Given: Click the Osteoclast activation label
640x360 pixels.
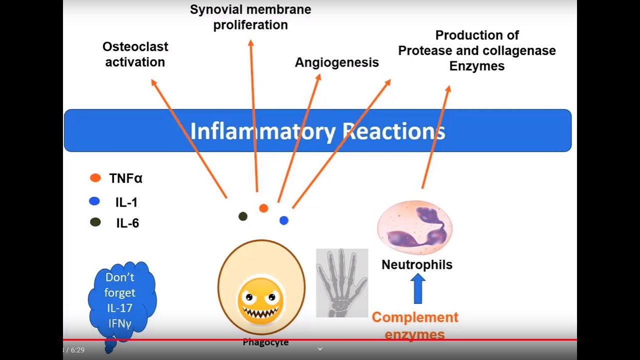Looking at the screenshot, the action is (135, 54).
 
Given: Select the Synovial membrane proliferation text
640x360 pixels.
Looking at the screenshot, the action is (250, 17).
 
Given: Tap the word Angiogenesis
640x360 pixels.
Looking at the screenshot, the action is (336, 62).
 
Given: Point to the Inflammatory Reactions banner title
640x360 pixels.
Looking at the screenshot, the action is (317, 131).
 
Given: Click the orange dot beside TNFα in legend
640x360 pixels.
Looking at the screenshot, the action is (95, 178).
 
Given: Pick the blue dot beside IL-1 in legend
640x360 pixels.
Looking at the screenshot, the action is (94, 201).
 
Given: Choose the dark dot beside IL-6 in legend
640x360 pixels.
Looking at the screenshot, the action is (95, 222).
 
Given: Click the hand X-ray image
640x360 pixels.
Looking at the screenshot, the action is (342, 282).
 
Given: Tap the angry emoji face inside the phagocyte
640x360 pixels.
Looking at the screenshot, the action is (260, 300).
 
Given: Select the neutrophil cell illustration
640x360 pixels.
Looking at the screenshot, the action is (414, 227).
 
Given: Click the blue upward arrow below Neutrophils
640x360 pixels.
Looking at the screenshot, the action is (417, 288).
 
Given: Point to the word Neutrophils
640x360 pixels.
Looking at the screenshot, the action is (416, 264).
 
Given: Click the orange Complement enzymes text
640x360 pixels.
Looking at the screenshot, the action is (415, 325).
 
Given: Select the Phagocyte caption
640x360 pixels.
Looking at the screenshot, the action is (265, 342).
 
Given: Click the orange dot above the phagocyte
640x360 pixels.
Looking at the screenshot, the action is (263, 208).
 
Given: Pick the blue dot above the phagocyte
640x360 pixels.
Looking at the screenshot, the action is (283, 220).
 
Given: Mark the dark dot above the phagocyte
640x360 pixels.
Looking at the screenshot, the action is (243, 216).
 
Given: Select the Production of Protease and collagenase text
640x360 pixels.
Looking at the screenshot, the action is (476, 50).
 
